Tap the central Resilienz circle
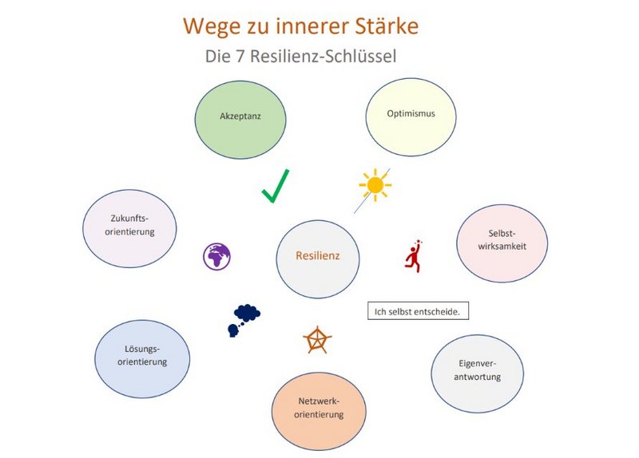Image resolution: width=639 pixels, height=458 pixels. (x=318, y=256)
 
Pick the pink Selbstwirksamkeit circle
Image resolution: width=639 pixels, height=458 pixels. (x=502, y=243)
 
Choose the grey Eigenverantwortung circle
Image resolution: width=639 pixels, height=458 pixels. (x=477, y=373)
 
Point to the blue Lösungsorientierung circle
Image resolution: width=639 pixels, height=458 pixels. (x=142, y=357)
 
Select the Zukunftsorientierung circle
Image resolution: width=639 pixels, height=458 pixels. (x=130, y=227)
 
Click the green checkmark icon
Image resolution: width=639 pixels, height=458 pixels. (x=275, y=185)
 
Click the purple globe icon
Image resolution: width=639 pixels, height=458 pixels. (x=216, y=257)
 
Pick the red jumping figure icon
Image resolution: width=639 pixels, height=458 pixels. (x=413, y=256)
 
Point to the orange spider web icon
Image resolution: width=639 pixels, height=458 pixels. (x=317, y=340)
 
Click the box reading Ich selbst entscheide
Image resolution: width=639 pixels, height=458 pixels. (x=417, y=311)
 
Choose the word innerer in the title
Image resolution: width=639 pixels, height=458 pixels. (x=307, y=26)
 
